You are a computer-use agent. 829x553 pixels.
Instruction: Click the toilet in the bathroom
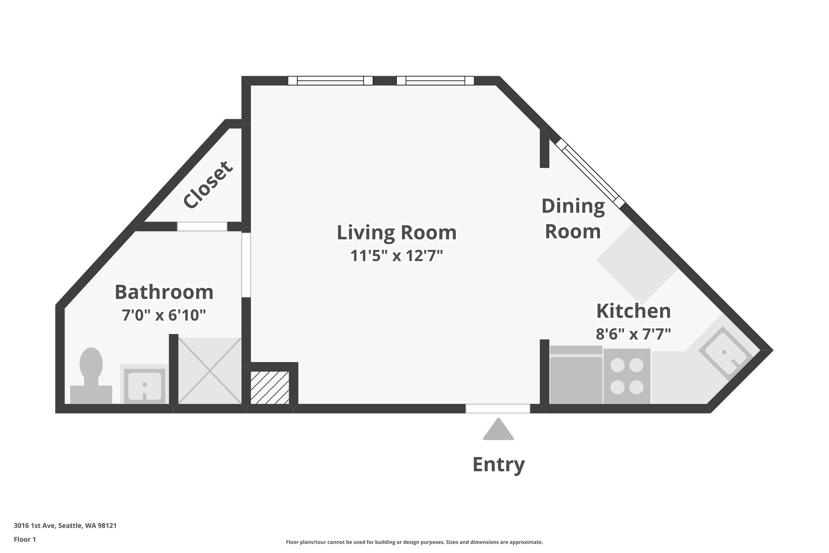pos(91,376)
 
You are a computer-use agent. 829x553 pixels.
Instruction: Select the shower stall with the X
pos(210,371)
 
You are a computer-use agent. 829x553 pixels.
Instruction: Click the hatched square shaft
pos(270,388)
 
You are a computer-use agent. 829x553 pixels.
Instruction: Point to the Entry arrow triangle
pos(498,429)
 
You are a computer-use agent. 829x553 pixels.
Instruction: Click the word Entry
pos(499,464)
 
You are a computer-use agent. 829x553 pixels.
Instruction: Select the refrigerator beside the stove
pos(576,375)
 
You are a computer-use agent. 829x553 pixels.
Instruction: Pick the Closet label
pos(208,184)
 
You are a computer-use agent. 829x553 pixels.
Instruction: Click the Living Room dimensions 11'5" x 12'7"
pos(397,256)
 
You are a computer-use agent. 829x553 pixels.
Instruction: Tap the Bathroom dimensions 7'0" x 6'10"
pos(164,315)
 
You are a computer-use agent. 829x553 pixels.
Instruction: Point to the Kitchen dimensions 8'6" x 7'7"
pos(633,334)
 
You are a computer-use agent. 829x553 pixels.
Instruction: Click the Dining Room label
pos(573,219)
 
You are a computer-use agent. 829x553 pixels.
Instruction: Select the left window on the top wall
pos(330,81)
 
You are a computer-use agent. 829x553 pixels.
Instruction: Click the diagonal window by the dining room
pos(590,172)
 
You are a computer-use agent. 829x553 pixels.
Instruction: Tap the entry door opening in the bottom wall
pos(498,409)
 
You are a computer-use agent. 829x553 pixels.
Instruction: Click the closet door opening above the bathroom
pos(202,226)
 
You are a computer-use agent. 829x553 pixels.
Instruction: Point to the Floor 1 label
pos(25,539)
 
